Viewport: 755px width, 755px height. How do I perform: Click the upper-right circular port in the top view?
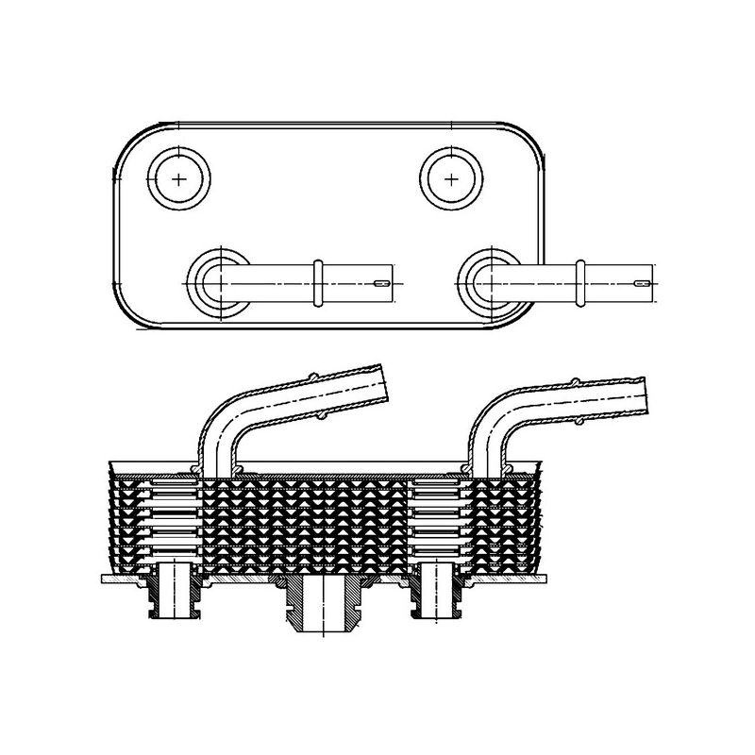click(452, 177)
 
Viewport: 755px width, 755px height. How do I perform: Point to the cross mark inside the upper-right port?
click(452, 177)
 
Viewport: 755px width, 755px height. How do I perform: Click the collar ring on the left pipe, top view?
click(318, 281)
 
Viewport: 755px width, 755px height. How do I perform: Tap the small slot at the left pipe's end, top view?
click(381, 282)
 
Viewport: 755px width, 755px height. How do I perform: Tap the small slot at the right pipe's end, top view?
click(643, 282)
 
